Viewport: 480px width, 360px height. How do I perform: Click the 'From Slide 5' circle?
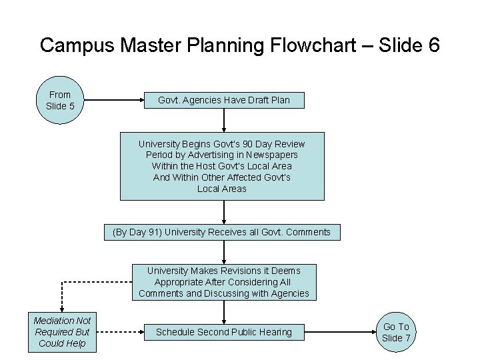pos(59,101)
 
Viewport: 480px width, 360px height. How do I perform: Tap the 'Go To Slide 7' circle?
pos(396,332)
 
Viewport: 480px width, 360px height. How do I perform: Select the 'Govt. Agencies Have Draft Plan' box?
pos(224,100)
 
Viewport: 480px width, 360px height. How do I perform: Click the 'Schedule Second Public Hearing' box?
pos(224,332)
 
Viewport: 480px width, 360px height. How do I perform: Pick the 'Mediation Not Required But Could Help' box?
pos(63,332)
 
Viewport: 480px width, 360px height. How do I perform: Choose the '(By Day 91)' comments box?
pos(222,232)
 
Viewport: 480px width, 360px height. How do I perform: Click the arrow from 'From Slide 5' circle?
pos(113,101)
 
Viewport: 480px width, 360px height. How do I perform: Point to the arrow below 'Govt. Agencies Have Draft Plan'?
pos(224,119)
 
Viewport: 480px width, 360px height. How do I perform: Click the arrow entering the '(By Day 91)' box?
pos(224,212)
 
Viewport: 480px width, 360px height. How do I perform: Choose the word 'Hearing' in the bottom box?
pos(275,332)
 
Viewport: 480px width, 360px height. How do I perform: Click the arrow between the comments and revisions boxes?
pos(224,252)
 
